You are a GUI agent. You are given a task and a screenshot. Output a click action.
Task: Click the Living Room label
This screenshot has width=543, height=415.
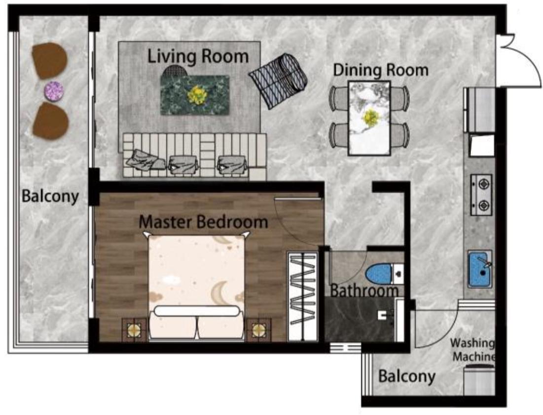pyautogui.click(x=198, y=56)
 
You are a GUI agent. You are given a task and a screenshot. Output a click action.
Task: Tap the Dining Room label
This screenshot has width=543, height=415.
pyautogui.click(x=381, y=70)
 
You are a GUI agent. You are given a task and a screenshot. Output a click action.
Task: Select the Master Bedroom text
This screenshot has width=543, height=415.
pyautogui.click(x=203, y=221)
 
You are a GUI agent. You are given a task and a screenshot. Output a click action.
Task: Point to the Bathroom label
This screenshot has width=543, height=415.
pyautogui.click(x=364, y=290)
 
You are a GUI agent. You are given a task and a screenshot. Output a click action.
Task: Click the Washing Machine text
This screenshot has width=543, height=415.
pyautogui.click(x=472, y=350)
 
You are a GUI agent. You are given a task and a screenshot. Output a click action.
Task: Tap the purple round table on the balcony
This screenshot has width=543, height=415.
pyautogui.click(x=54, y=91)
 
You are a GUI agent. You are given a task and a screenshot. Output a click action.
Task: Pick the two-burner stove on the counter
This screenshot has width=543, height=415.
pyautogui.click(x=481, y=195)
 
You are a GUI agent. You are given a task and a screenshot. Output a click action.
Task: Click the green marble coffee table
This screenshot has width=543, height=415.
pyautogui.click(x=195, y=94)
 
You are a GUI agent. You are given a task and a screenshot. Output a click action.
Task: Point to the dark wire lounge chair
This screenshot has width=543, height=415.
pyautogui.click(x=278, y=80)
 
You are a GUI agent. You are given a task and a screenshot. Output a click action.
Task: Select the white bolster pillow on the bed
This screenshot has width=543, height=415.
pyautogui.click(x=197, y=311)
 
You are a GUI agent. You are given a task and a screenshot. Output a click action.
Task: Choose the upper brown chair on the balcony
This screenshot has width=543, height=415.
pyautogui.click(x=49, y=60)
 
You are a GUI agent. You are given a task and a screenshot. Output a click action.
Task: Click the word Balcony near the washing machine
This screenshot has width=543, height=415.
pyautogui.click(x=406, y=376)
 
